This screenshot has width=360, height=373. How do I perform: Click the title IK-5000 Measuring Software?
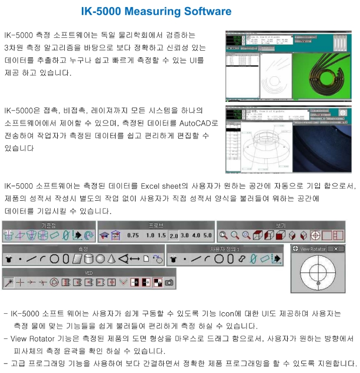[156, 12]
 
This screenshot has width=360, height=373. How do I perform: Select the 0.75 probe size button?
[133, 235]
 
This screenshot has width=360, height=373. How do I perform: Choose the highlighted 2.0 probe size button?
[174, 235]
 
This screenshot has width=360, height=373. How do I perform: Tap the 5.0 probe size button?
[207, 235]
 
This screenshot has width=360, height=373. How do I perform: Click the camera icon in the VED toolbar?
[169, 283]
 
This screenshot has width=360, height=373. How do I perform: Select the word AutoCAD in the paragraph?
[203, 123]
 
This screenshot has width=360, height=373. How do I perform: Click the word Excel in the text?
[153, 186]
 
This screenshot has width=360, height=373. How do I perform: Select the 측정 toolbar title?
[83, 249]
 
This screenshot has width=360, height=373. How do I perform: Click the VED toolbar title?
[89, 273]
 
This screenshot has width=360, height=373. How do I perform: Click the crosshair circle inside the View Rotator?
[317, 274]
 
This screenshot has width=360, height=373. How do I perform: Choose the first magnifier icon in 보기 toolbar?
[223, 235]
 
